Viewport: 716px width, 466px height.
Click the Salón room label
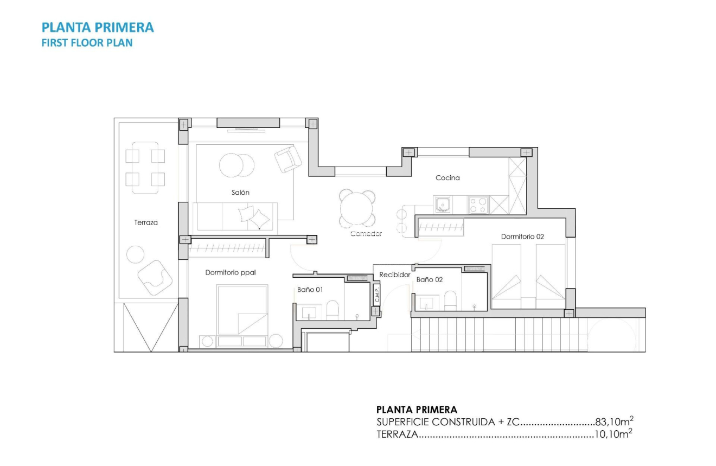[x=240, y=193]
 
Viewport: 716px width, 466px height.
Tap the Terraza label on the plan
[x=146, y=222]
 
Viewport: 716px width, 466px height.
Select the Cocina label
[x=448, y=178]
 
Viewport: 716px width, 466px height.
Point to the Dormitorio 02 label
[x=522, y=237]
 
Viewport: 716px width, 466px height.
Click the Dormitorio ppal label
[x=231, y=272]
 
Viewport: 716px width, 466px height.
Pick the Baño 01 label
[x=310, y=290]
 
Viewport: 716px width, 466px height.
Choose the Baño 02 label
[x=430, y=279]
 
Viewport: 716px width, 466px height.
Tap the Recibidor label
[x=394, y=275]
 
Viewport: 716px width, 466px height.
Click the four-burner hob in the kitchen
[x=478, y=205]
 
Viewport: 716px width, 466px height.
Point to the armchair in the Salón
[x=287, y=159]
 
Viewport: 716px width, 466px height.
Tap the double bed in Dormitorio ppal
[x=242, y=310]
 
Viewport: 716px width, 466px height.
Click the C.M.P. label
[x=376, y=295]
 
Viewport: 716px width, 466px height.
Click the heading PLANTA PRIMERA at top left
[x=98, y=27]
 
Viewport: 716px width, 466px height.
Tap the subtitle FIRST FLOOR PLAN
[x=87, y=42]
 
